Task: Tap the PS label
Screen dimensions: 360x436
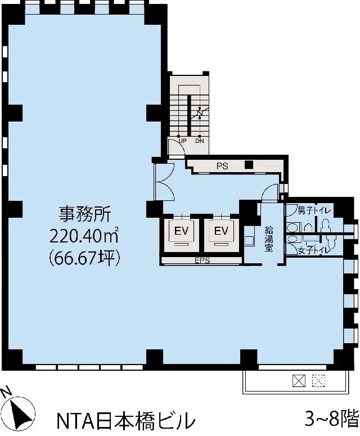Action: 222,166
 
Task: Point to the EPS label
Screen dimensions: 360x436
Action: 202,261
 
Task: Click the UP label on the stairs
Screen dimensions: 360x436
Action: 182,141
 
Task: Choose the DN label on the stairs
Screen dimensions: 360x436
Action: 200,141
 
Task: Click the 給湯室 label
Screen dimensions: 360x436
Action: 268,239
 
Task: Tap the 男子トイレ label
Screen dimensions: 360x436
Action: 314,210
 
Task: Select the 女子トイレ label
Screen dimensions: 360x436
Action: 314,250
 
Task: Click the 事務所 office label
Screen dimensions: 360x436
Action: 85,214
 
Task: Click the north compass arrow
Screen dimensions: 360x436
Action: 20,413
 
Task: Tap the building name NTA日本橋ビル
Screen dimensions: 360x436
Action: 125,421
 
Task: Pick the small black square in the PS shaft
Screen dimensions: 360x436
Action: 249,165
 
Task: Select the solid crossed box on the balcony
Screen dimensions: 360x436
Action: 299,381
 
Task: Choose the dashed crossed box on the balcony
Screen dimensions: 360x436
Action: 318,381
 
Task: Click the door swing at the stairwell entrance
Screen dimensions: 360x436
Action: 177,147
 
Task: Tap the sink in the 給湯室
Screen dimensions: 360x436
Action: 250,240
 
